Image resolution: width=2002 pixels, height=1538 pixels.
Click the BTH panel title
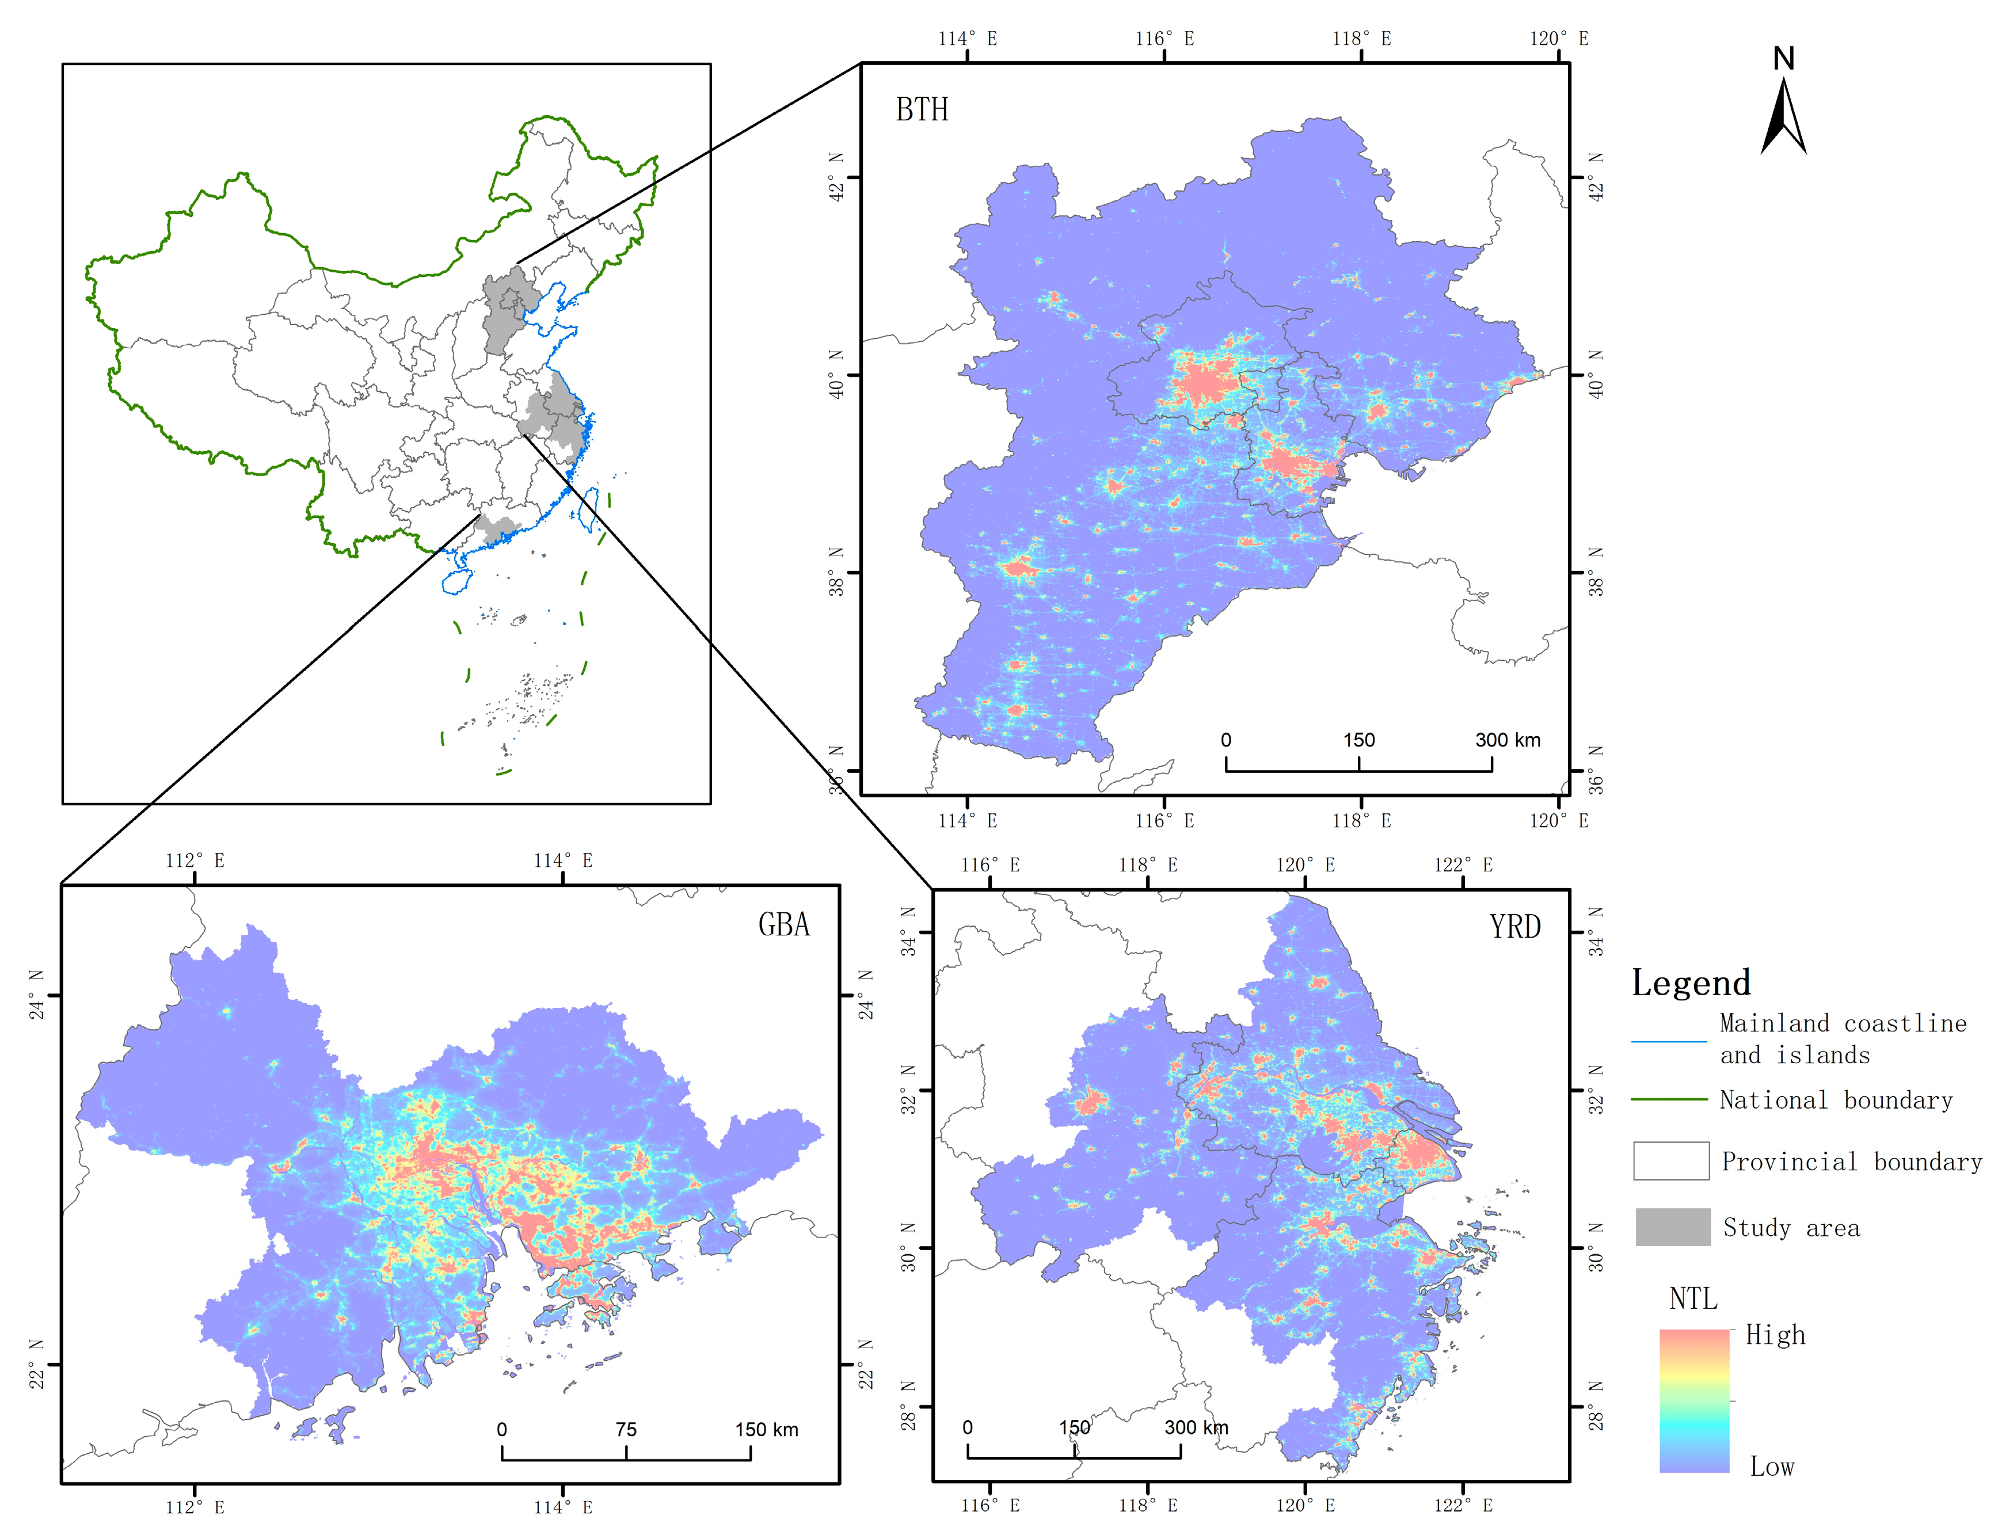(x=921, y=110)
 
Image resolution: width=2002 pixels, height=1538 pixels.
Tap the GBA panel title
(x=783, y=924)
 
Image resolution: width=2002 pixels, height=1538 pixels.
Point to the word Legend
(x=1690, y=983)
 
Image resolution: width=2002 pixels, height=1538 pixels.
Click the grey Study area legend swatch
(x=1672, y=1227)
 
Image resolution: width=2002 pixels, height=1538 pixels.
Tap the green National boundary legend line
(x=1668, y=1099)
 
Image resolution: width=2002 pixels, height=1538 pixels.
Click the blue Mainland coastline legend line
(x=1668, y=1041)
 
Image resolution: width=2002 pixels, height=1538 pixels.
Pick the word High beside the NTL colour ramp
(x=1775, y=1335)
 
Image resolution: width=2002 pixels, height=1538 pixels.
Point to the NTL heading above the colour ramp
(x=1692, y=1298)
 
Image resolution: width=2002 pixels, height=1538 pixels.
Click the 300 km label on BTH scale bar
(x=1507, y=740)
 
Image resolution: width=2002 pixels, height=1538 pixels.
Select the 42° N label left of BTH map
(x=836, y=177)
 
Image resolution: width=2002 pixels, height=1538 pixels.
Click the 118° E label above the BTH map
(x=1361, y=39)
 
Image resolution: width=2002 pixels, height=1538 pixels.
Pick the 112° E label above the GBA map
(x=194, y=861)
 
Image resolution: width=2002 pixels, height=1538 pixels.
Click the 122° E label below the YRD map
(x=1463, y=1505)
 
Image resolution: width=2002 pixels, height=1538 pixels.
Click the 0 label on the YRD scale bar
(x=968, y=1427)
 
